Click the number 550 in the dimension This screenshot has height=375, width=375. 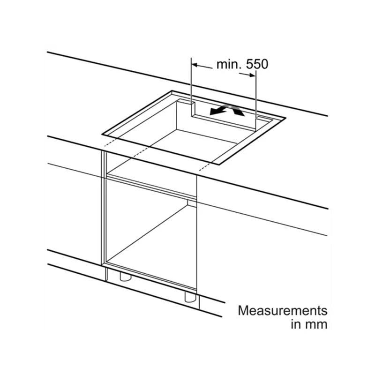[x=258, y=64]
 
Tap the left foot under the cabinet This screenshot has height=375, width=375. [x=125, y=277]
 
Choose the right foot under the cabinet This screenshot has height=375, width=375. [x=189, y=297]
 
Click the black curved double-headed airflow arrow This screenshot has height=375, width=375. [x=227, y=111]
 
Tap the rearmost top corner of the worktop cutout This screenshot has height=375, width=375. [x=172, y=91]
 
